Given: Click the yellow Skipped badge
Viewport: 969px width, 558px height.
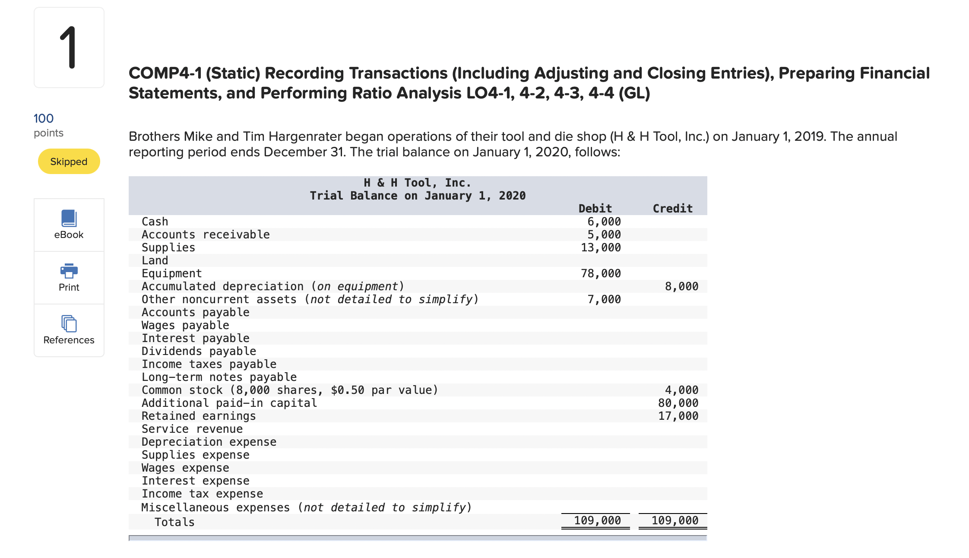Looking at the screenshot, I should click(x=69, y=162).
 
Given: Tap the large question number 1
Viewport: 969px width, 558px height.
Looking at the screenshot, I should click(x=68, y=48).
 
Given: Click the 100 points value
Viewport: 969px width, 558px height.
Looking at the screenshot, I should click(x=44, y=118).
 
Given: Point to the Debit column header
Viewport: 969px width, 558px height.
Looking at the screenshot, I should click(x=595, y=209).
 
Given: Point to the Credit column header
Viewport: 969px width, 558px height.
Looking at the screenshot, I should click(x=672, y=209).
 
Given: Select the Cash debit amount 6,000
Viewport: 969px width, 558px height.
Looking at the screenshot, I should click(x=604, y=222).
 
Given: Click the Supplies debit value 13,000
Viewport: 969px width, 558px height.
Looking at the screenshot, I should click(x=601, y=247).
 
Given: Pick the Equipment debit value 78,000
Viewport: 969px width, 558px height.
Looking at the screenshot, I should click(x=601, y=273).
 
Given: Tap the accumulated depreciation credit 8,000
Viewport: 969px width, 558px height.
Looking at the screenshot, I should click(x=681, y=286).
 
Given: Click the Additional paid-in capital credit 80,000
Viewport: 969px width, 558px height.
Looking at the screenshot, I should click(x=678, y=403).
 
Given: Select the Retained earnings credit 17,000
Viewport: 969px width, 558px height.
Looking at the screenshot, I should click(x=678, y=416).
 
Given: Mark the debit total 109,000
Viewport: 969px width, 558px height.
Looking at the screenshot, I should click(x=597, y=520).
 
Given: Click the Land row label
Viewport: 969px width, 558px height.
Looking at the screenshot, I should click(x=155, y=260).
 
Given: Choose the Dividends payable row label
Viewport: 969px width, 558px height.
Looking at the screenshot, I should click(x=199, y=351).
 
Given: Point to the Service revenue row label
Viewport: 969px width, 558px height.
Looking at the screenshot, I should click(x=192, y=429).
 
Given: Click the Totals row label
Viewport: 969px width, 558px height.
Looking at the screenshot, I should click(x=174, y=522).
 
